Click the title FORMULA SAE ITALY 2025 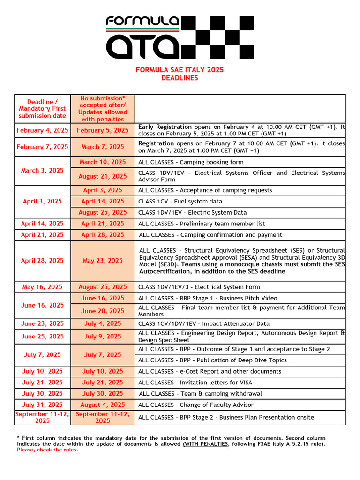pos(180,70)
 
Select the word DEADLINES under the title pos(180,78)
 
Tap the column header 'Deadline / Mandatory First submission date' pos(43,109)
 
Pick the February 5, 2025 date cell pos(103,130)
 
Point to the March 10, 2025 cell pos(103,162)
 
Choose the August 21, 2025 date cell pos(103,176)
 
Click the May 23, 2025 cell pos(103,261)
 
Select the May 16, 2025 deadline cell pos(43,287)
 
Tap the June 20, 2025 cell pos(103,311)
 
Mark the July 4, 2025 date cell pos(103,323)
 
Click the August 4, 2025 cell pos(103,405)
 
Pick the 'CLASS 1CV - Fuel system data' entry pos(180,201)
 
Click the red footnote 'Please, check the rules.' pos(47,450)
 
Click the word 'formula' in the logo pos(142,21)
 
